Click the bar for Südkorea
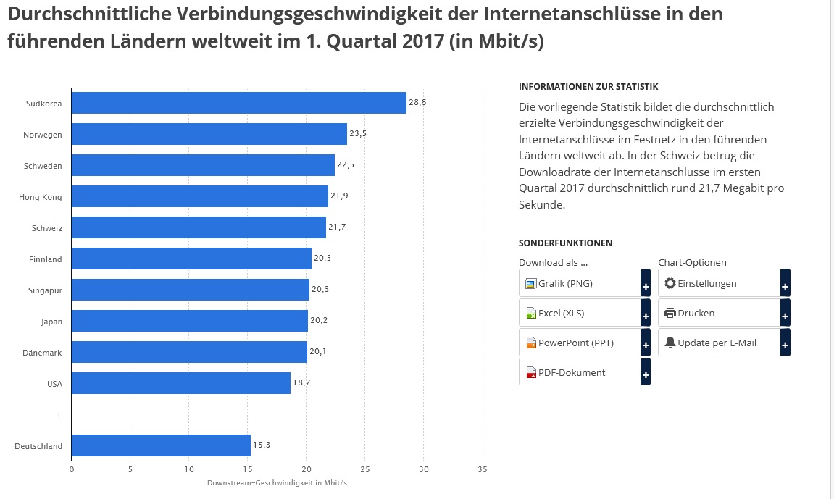tap(239, 103)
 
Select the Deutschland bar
tap(161, 445)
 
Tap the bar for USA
tap(181, 383)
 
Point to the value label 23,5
tap(359, 133)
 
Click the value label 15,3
tap(262, 445)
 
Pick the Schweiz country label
tap(47, 228)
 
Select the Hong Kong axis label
tap(41, 197)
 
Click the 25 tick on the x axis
tap(365, 469)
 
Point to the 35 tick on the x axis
tap(483, 469)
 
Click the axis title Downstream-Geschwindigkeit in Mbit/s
tap(277, 483)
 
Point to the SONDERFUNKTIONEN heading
tap(565, 243)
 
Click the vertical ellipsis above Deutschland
tap(59, 416)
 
